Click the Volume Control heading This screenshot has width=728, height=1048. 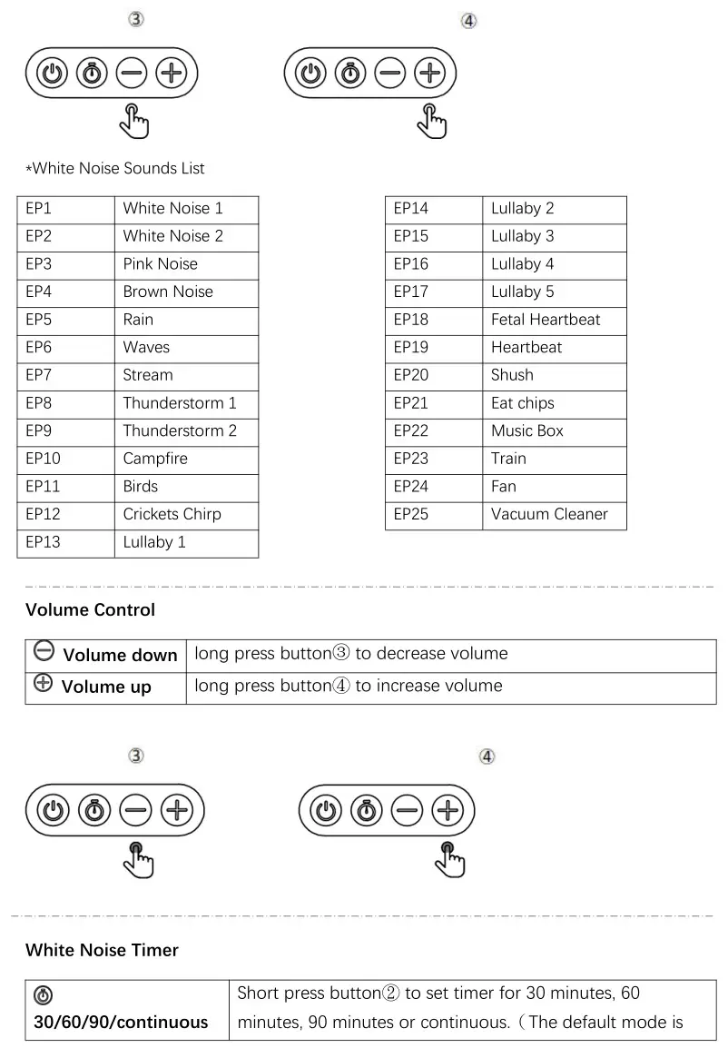coord(90,610)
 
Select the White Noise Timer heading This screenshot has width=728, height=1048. coord(102,950)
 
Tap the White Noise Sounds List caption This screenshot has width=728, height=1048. coord(115,168)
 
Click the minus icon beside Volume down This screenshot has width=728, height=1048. coord(43,650)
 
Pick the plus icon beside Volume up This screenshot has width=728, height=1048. coord(43,684)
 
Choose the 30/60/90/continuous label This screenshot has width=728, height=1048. coord(121,1022)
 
